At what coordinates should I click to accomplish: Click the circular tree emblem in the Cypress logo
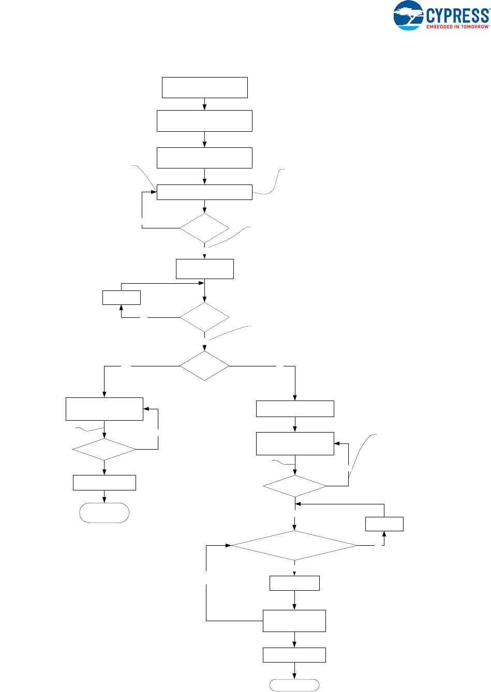pyautogui.click(x=408, y=16)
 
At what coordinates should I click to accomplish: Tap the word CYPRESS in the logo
pyautogui.click(x=457, y=14)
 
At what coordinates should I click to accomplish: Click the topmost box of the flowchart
pyautogui.click(x=204, y=87)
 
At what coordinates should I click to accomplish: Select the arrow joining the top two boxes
pyautogui.click(x=204, y=104)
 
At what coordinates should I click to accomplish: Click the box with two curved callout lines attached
pyautogui.click(x=204, y=192)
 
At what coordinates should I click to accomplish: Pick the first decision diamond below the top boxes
pyautogui.click(x=204, y=228)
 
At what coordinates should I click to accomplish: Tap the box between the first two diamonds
pyautogui.click(x=204, y=269)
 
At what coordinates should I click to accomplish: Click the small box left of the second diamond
pyautogui.click(x=121, y=298)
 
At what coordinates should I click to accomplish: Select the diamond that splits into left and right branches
pyautogui.click(x=204, y=366)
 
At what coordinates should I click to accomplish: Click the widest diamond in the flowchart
pyautogui.click(x=294, y=545)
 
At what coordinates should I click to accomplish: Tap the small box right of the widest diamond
pyautogui.click(x=384, y=524)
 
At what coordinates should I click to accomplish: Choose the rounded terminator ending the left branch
pyautogui.click(x=104, y=513)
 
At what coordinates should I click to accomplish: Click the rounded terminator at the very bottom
pyautogui.click(x=294, y=685)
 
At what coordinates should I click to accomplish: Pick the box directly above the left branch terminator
pyautogui.click(x=104, y=482)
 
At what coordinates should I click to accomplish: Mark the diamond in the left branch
pyautogui.click(x=104, y=449)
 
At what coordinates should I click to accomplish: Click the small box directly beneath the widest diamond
pyautogui.click(x=294, y=583)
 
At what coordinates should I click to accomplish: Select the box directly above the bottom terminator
pyautogui.click(x=294, y=655)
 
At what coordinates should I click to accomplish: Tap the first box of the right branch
pyautogui.click(x=295, y=409)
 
